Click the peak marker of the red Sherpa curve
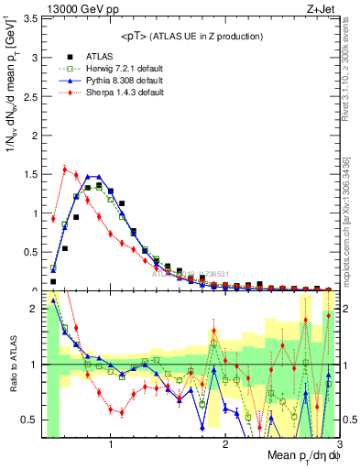64,169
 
